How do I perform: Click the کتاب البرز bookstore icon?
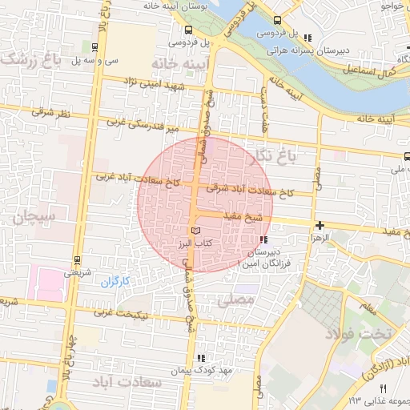pos(197,231)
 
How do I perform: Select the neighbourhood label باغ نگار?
pos(272,155)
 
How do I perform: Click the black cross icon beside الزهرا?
pos(320,226)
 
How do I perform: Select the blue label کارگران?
pos(115,281)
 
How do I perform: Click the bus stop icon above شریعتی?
pos(77,259)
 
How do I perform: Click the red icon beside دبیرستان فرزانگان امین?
pos(263,239)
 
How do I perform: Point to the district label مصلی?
pos(235,299)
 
